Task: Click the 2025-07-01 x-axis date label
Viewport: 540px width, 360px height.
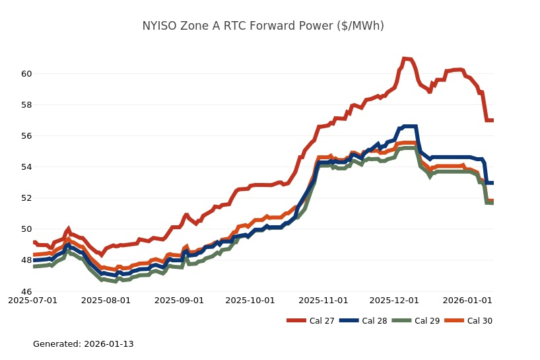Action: point(33,301)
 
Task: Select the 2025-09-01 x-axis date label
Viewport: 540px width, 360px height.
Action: point(180,301)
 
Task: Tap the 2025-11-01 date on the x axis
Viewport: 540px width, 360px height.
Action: point(323,301)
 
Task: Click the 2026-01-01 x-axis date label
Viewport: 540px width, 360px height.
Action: point(467,301)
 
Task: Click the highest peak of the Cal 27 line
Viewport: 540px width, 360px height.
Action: point(404,59)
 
